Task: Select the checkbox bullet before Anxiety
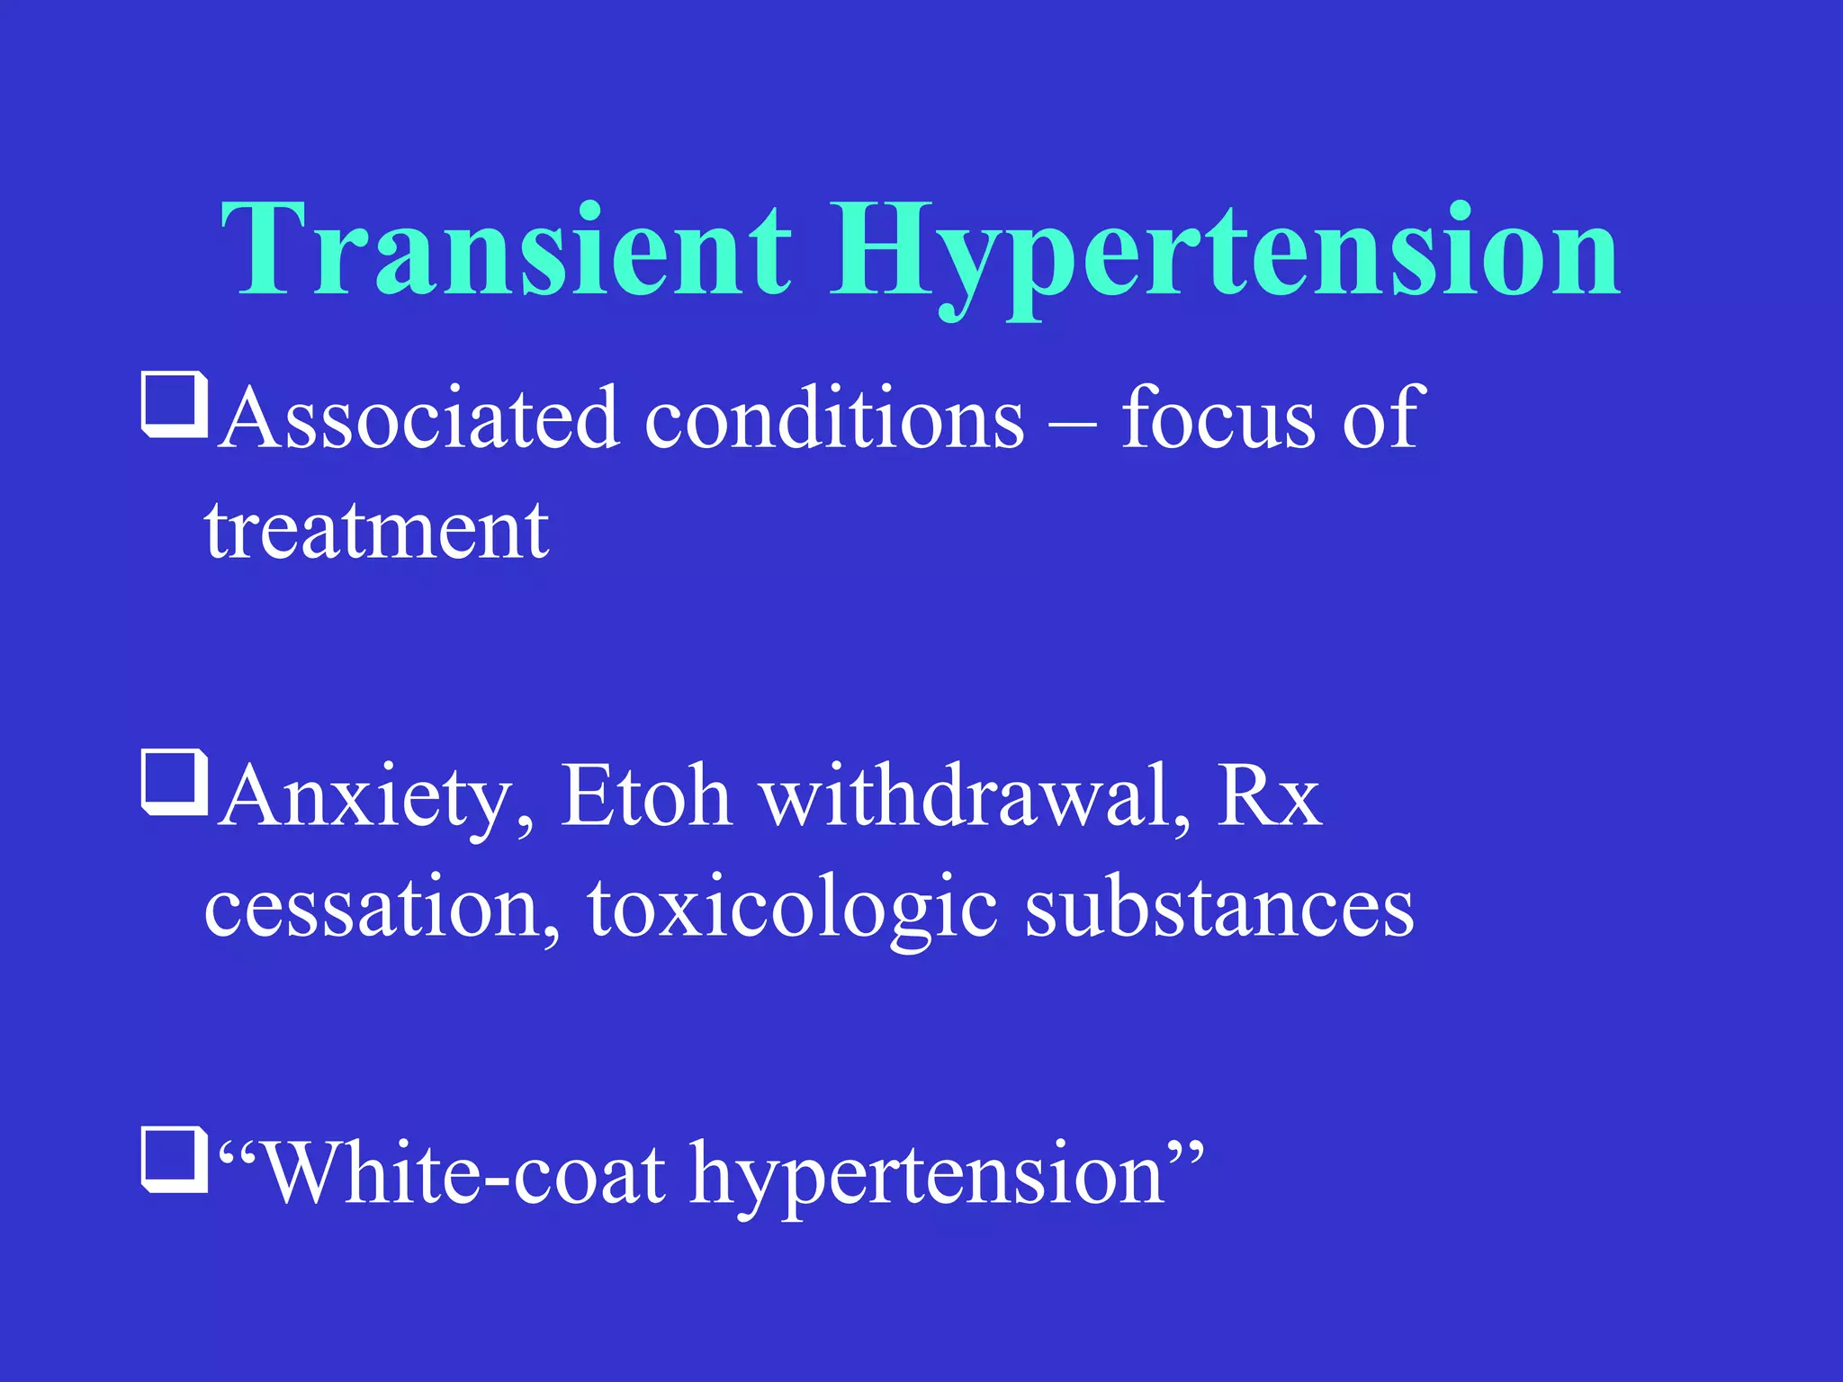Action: [x=175, y=783]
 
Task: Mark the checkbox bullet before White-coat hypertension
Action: [x=175, y=1161]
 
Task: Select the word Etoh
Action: [x=645, y=795]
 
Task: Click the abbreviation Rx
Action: [x=1269, y=795]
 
